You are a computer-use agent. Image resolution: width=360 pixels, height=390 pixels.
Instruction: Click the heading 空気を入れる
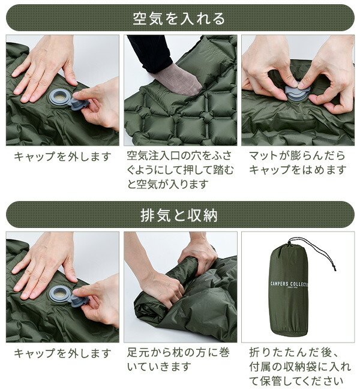[179, 18]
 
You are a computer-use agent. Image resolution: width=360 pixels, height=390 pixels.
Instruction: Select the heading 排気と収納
[179, 214]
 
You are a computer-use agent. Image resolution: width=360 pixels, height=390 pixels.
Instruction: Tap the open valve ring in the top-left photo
[60, 97]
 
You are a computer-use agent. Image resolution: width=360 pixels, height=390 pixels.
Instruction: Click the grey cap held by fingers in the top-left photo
[79, 104]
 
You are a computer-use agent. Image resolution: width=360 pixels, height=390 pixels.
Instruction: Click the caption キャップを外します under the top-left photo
[62, 157]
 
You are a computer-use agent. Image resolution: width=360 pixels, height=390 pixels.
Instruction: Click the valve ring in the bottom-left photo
[60, 293]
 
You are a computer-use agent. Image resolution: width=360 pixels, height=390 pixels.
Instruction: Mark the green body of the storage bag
[288, 306]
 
